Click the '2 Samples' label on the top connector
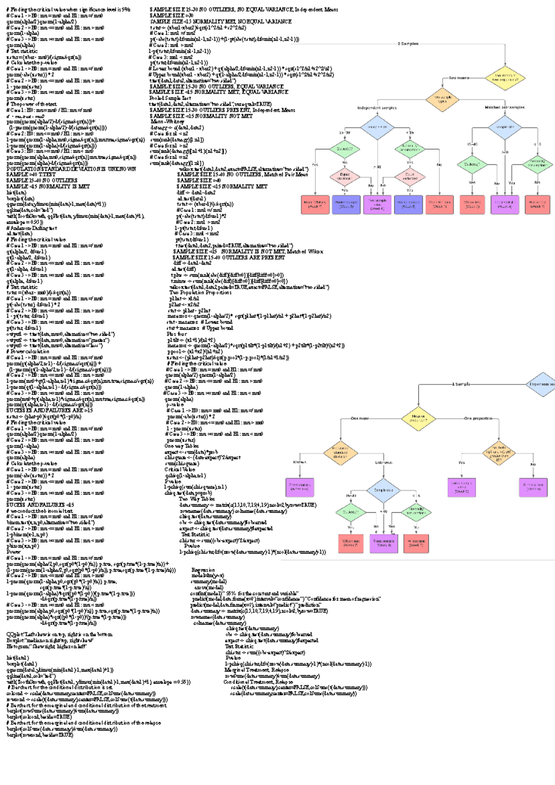[408, 44]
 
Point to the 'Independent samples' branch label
[376, 108]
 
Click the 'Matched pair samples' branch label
[504, 107]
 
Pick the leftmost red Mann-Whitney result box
[315, 204]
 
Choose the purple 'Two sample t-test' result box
[377, 204]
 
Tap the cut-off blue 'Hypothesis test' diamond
[542, 384]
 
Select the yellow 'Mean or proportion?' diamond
[418, 419]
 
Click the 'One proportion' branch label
[478, 418]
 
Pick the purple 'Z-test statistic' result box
[300, 487]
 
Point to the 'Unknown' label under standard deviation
[383, 463]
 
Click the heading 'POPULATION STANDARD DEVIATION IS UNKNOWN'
[71, 169]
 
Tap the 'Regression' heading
[203, 570]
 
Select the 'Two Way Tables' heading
[197, 499]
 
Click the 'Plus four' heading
[177, 334]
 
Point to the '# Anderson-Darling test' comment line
[31, 228]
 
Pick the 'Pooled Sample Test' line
[170, 98]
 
